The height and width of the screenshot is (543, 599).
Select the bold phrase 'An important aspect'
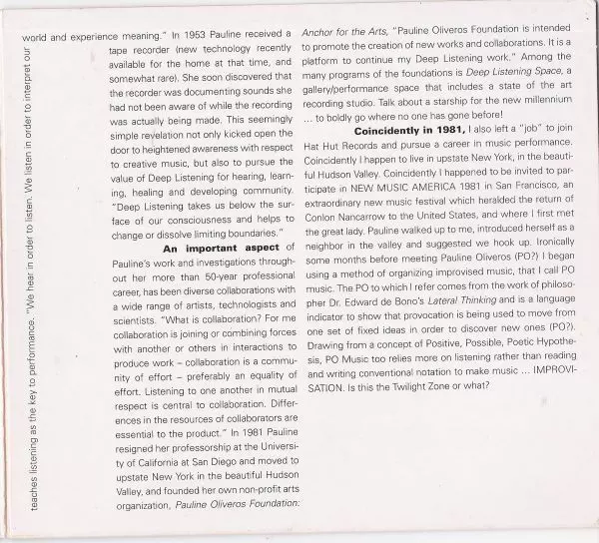click(213, 248)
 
